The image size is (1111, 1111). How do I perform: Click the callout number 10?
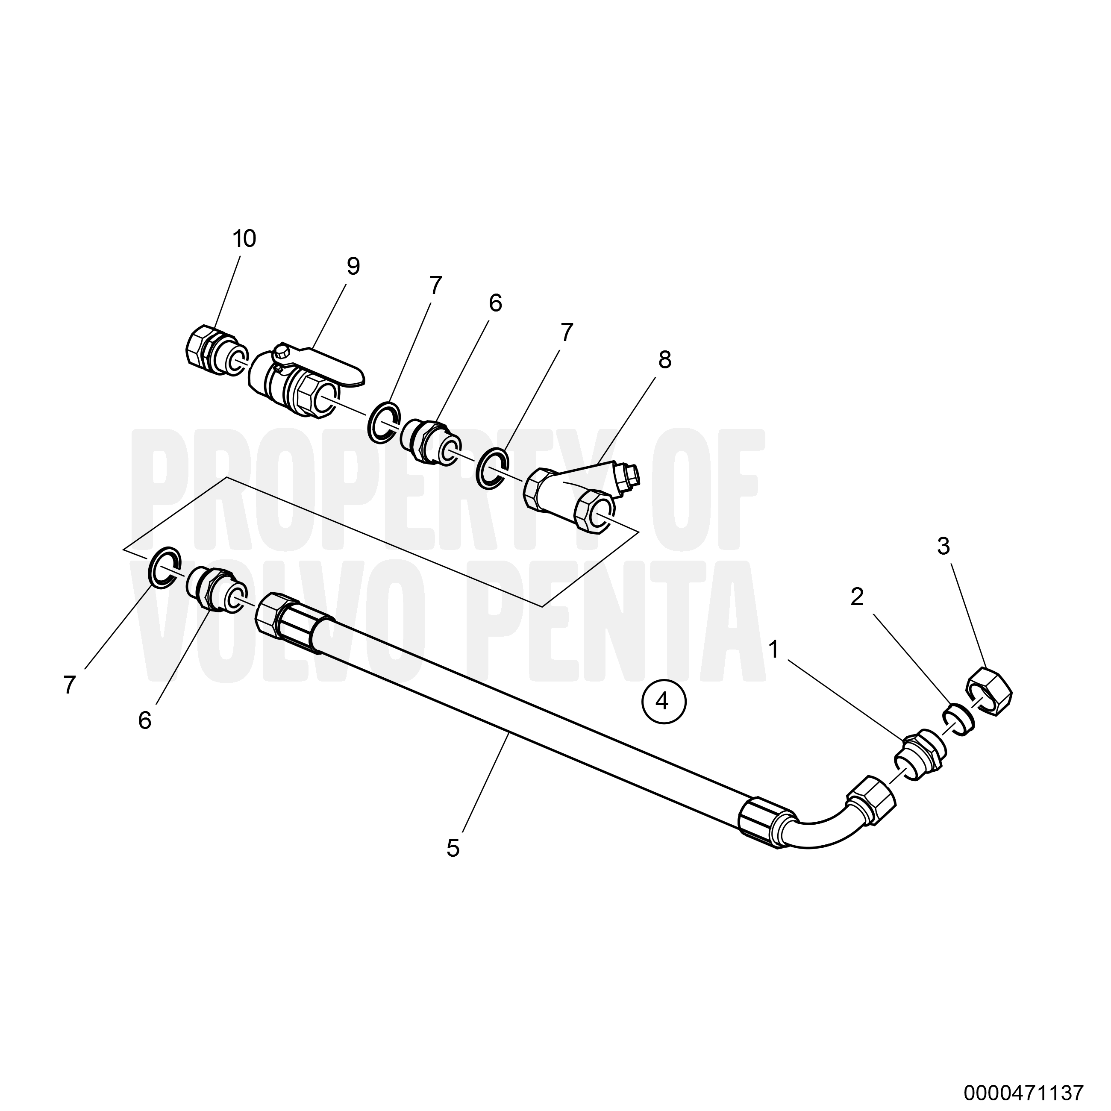244,238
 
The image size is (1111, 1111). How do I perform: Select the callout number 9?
353,266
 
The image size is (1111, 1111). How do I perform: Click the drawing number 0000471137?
1025,1090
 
